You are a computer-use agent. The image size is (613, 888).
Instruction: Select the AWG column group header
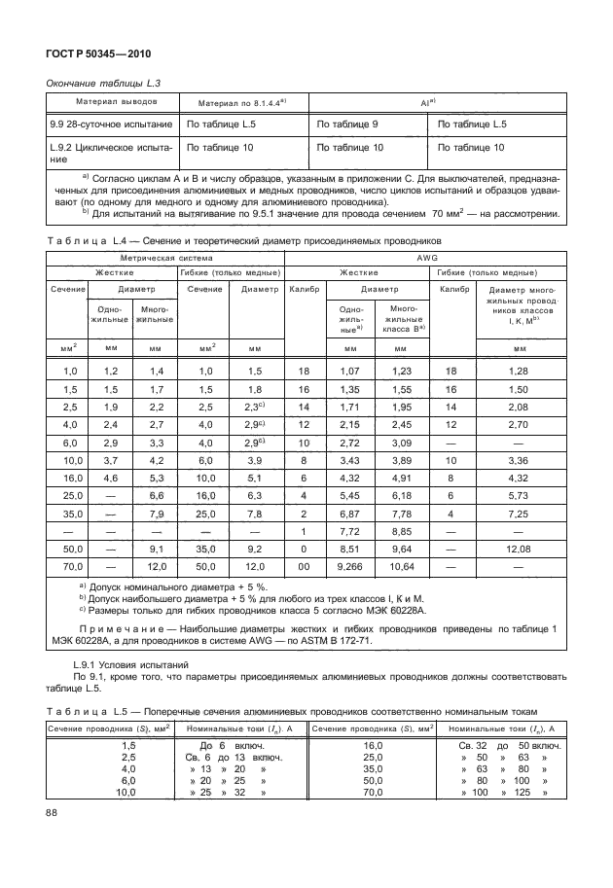pos(426,260)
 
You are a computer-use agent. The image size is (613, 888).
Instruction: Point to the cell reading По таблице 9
pos(347,124)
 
